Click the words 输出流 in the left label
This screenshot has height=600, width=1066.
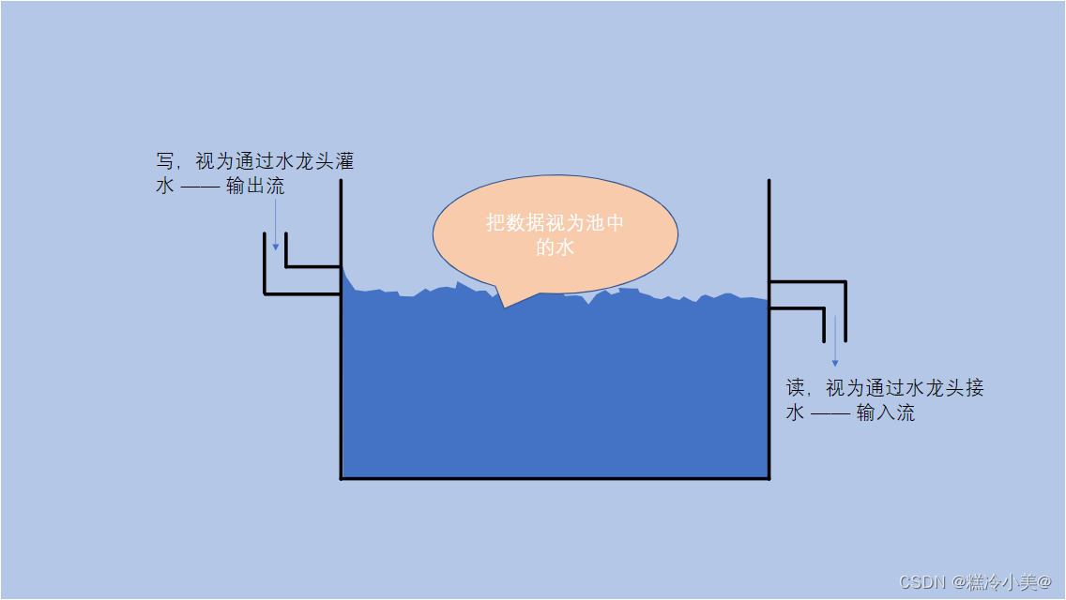pos(255,187)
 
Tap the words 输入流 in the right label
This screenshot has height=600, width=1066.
pos(886,413)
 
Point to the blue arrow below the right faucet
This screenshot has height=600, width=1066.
pos(834,347)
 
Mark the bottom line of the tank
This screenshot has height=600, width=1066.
pos(555,478)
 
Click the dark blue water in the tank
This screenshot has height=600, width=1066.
pos(555,394)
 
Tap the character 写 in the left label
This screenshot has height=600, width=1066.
pos(165,162)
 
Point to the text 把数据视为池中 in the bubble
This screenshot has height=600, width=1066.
pos(555,223)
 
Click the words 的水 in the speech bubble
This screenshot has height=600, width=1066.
pos(555,248)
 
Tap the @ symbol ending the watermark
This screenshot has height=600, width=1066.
pos(1044,583)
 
